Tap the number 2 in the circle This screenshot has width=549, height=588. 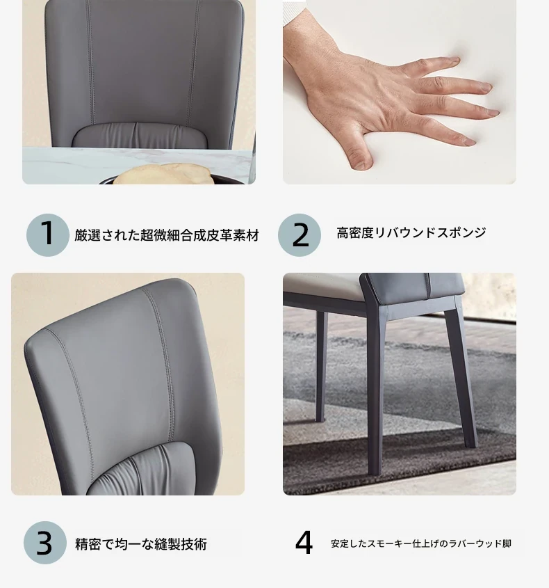pos(300,235)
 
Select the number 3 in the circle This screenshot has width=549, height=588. pos(44,543)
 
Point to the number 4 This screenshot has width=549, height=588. pos(304,542)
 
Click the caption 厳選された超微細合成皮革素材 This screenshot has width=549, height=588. pos(167,235)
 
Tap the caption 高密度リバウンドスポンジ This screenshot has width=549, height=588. pos(411,232)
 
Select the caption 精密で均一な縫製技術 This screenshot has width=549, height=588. pos(141,543)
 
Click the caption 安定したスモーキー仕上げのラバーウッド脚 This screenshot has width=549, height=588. pos(421,543)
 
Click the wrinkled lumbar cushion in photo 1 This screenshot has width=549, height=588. pos(140,135)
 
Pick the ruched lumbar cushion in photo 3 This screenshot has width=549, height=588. pos(142,470)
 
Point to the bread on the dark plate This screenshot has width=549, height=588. pos(163,174)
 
